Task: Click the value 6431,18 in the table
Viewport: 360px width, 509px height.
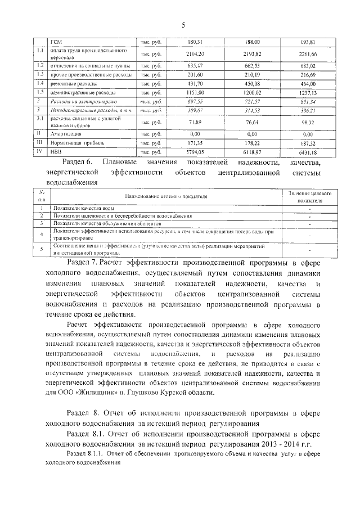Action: click(x=308, y=152)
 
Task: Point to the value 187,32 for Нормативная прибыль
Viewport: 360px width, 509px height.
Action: click(x=308, y=143)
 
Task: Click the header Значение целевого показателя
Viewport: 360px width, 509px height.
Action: click(x=310, y=196)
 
